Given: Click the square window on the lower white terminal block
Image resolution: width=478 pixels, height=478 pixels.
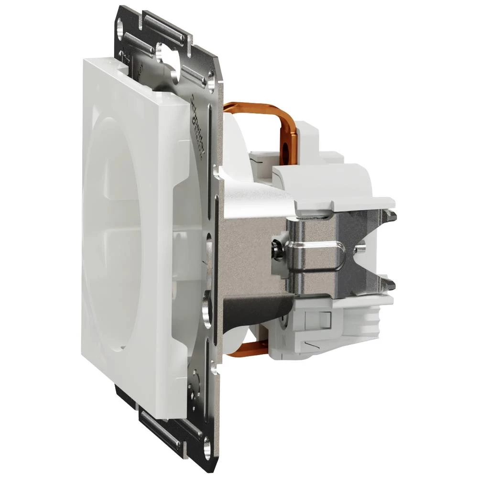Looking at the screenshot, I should click(326, 318).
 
